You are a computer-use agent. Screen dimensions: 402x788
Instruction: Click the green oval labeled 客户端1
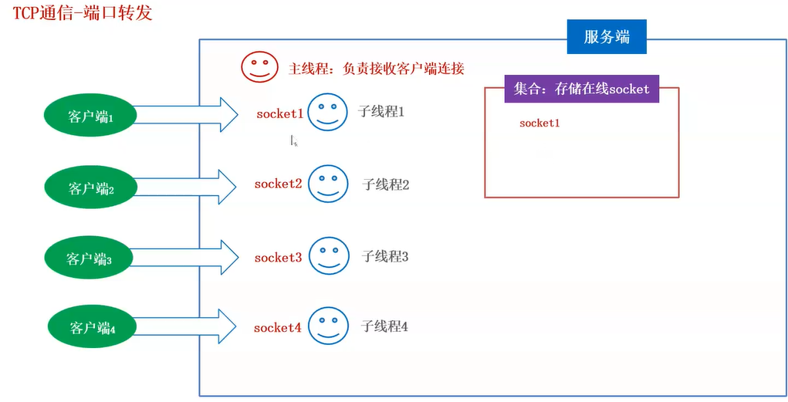(90, 116)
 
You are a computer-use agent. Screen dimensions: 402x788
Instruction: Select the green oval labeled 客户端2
(90, 187)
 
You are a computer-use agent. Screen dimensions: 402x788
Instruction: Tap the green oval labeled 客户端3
(90, 258)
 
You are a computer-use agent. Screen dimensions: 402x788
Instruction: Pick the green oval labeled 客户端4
(92, 328)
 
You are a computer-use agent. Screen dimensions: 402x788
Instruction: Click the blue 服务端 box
(607, 36)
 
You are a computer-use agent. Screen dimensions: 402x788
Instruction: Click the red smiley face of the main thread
(259, 66)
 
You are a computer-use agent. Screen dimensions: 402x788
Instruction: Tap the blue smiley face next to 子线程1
(327, 113)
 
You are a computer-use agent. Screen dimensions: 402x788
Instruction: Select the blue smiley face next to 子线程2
(327, 184)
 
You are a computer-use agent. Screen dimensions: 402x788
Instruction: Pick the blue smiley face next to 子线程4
(328, 326)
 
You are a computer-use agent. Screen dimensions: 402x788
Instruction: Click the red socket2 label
(278, 184)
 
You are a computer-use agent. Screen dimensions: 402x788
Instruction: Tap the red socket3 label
(278, 257)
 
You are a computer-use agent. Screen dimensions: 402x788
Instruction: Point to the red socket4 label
(277, 328)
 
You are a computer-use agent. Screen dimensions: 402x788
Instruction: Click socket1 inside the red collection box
(539, 123)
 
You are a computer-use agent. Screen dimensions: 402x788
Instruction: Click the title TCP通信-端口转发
(83, 14)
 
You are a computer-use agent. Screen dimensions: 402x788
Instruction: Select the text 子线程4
(384, 326)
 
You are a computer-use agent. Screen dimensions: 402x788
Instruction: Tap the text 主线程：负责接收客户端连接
(377, 68)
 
